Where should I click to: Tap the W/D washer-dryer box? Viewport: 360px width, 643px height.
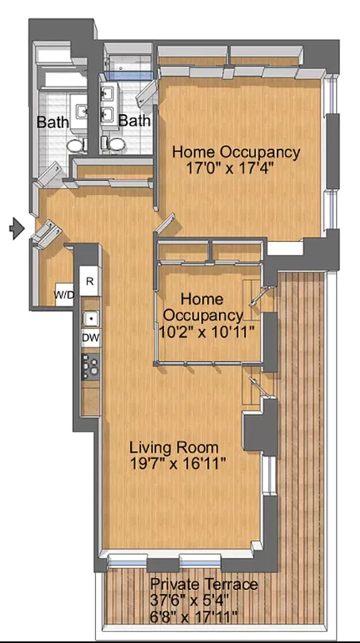[64, 294]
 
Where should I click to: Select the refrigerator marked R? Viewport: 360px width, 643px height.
[90, 281]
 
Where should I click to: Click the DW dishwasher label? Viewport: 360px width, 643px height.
[90, 337]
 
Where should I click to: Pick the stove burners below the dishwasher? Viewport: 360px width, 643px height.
[90, 366]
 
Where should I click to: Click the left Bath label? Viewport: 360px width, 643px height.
[52, 122]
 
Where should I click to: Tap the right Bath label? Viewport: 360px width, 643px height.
[134, 121]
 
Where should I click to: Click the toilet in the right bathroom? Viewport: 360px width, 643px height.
[116, 143]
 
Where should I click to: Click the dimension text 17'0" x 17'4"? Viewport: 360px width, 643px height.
[236, 168]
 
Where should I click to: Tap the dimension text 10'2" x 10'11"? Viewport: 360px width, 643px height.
[211, 332]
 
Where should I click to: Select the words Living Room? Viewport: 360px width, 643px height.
[174, 447]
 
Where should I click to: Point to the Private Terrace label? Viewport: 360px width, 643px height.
[205, 584]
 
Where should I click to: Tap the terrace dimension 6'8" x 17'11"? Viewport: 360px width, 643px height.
[194, 616]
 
